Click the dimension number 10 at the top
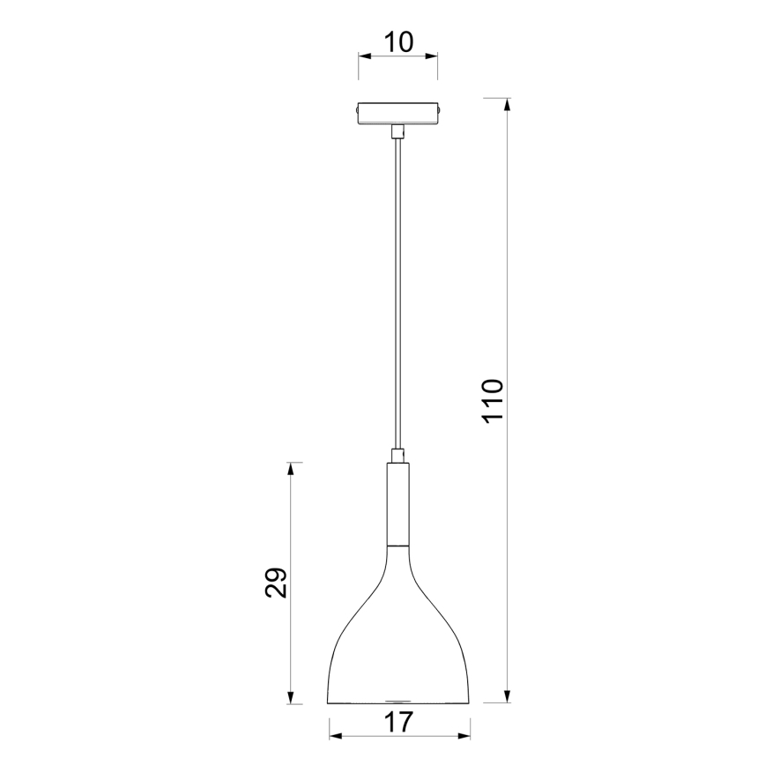397,41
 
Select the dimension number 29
277,583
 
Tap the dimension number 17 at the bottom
398,723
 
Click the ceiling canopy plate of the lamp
397,115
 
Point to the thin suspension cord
398,291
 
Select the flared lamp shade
398,643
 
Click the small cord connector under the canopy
398,132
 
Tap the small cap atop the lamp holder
398,456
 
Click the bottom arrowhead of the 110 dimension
507,696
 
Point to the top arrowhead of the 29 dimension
292,469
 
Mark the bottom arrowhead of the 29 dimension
292,696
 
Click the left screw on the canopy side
355,113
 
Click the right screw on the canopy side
441,113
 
